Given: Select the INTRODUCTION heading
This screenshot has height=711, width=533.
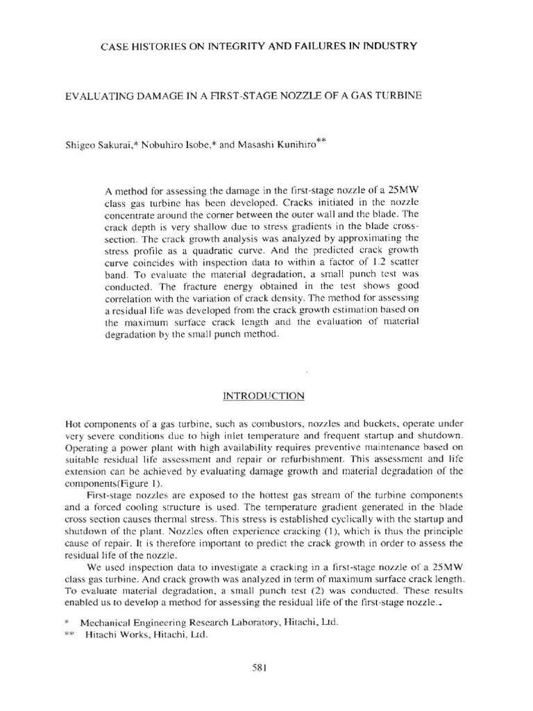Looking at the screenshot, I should (263, 396).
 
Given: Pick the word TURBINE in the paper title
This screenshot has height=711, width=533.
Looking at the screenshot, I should (396, 95).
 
